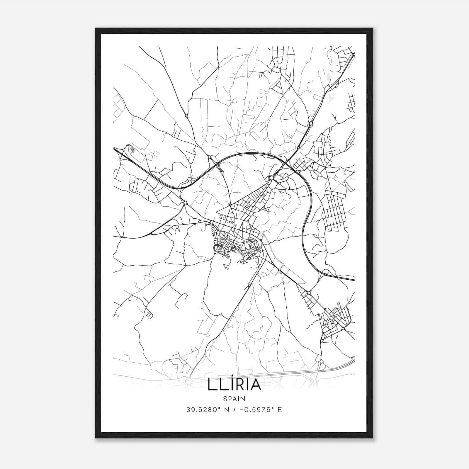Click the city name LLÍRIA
[x=235, y=385]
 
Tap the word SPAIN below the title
[x=234, y=399]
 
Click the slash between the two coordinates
[x=235, y=410]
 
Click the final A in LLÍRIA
[x=255, y=385]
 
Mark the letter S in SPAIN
[x=225, y=399]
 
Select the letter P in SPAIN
[x=230, y=399]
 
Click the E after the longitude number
[x=280, y=410]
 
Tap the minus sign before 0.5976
[x=242, y=410]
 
